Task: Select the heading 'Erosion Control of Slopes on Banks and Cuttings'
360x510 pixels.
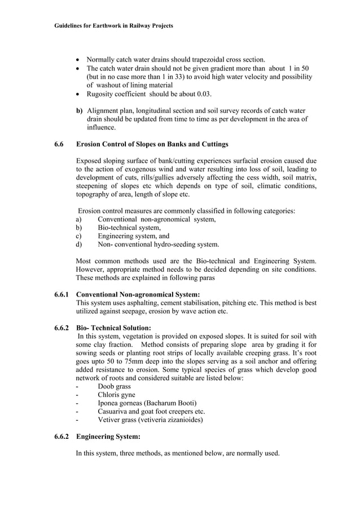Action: (152, 145)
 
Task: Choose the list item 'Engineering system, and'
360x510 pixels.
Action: (133, 236)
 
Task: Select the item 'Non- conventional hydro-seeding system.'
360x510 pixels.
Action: (158, 245)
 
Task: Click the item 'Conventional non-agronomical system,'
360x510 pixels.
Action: (156, 219)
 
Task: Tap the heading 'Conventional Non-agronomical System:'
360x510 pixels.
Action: (138, 294)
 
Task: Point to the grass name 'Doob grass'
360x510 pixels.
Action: (114, 386)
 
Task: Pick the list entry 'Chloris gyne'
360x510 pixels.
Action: (116, 395)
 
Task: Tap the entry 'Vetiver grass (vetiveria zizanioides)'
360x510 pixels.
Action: (150, 420)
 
